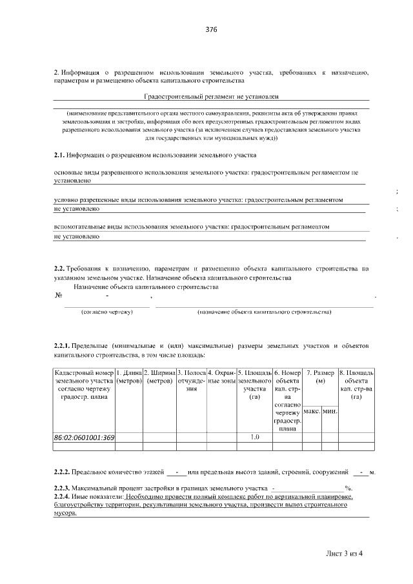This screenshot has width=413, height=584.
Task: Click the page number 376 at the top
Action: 211,30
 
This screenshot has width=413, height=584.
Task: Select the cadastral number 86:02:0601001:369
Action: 85,438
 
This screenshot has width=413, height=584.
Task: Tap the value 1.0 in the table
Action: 254,438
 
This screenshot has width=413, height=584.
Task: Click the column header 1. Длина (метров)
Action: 128,377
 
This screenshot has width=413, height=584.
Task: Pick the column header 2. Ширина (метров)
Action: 159,377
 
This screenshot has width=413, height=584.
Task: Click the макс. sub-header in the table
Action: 312,411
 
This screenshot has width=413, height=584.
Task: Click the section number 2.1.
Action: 59,156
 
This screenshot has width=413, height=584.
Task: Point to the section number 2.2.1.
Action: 63,346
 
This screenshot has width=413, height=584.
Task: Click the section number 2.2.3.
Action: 63,488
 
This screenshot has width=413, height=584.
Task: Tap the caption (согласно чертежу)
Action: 106,312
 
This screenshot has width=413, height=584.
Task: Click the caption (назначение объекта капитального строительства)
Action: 264,312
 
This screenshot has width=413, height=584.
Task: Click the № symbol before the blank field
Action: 59,296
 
